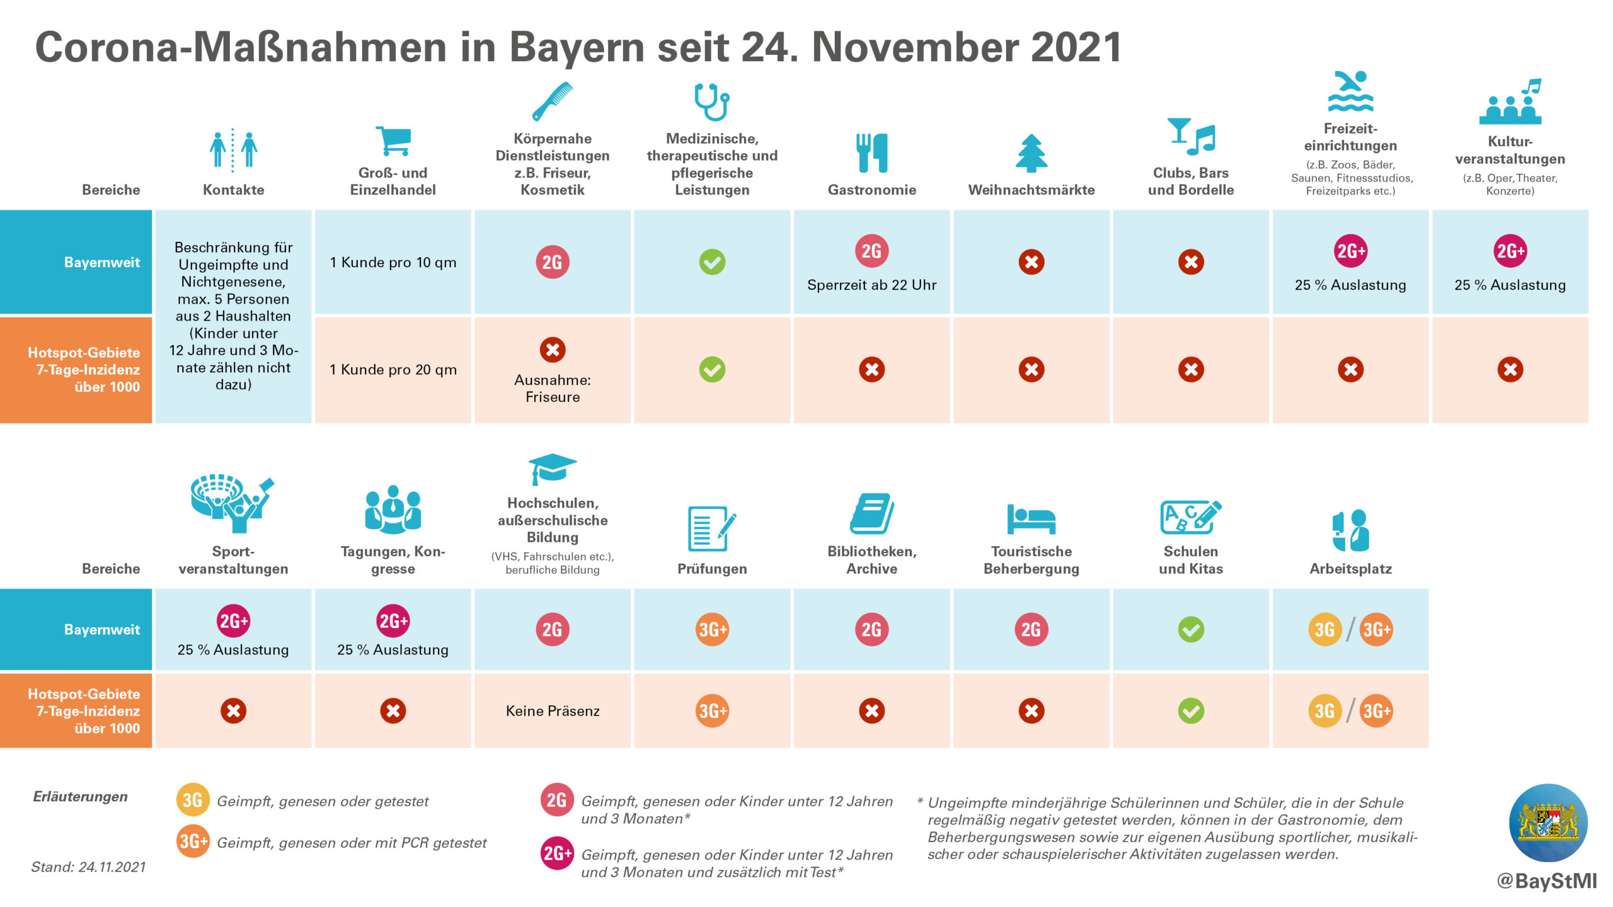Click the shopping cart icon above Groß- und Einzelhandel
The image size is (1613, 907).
point(393,140)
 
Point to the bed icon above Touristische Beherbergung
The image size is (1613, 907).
point(1031,519)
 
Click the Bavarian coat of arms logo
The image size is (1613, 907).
point(1547,823)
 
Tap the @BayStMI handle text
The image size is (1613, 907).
point(1547,881)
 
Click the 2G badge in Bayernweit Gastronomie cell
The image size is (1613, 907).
point(871,251)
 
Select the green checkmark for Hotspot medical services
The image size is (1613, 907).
point(712,370)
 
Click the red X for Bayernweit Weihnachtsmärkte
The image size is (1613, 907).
point(1031,262)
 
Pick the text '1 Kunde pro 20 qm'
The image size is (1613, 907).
point(393,370)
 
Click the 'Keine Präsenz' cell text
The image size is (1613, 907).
point(553,711)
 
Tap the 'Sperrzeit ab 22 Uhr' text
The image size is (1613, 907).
point(871,285)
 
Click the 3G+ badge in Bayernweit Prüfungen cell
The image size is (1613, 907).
point(713,629)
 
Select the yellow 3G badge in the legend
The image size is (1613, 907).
point(192,800)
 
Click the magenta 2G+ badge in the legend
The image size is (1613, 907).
point(557,853)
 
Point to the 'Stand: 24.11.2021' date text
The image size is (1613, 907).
point(88,867)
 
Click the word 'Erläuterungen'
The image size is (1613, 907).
point(80,797)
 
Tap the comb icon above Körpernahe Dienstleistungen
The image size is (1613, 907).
point(553,101)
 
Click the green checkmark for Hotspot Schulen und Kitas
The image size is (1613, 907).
point(1191,711)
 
